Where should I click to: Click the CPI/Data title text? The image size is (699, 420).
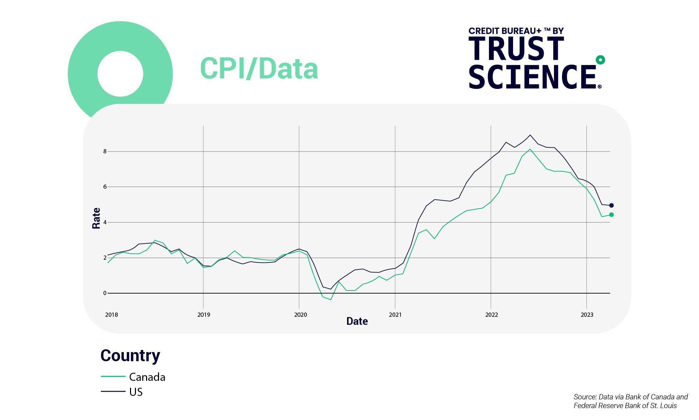(x=259, y=69)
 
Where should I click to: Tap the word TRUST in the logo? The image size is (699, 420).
(x=516, y=49)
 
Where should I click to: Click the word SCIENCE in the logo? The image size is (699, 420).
(x=532, y=77)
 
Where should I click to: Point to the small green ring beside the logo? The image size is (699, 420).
(x=600, y=60)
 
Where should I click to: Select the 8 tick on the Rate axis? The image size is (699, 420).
(x=105, y=152)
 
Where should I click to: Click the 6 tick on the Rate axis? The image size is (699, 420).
(x=105, y=187)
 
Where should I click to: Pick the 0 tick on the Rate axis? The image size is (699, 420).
(x=105, y=293)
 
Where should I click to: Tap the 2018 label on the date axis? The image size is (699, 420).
(x=111, y=315)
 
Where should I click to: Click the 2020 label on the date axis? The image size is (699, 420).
(x=300, y=315)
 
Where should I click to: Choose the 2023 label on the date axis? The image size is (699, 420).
(x=587, y=315)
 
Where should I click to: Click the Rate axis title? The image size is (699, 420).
(x=96, y=218)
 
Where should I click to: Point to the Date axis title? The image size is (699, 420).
(x=357, y=321)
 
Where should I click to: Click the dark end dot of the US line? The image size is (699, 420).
(x=611, y=205)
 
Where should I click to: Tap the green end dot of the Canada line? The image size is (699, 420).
(x=611, y=215)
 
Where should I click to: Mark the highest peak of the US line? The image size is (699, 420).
(x=530, y=135)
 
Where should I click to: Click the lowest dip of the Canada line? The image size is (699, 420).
(x=331, y=300)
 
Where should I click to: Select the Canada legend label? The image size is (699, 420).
(x=147, y=377)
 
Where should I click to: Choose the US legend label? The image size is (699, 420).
(x=136, y=392)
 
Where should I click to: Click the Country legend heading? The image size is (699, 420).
(x=130, y=356)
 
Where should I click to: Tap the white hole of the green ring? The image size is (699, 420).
(x=120, y=74)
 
